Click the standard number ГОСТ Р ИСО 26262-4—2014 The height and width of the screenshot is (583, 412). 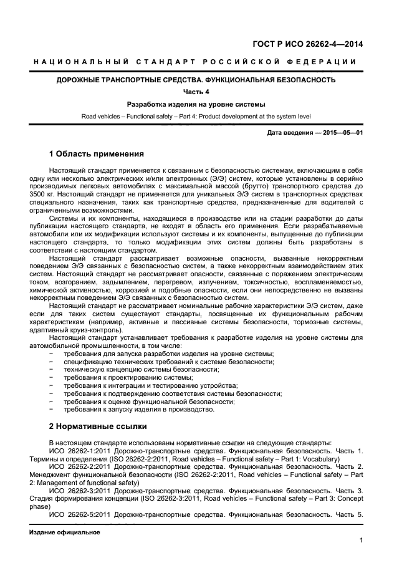(308, 44)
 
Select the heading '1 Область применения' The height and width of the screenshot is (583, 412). (96, 154)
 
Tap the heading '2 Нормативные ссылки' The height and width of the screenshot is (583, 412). (97, 426)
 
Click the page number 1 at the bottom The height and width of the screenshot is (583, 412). (361, 541)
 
